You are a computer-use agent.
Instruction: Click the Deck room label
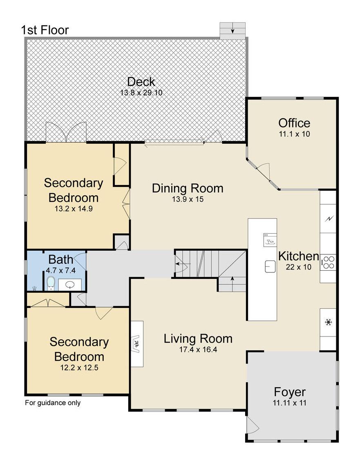coord(141,82)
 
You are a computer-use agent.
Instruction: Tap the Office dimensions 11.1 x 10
coord(294,134)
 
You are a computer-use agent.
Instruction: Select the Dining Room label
coord(188,188)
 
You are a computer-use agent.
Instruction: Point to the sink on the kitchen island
coord(271,266)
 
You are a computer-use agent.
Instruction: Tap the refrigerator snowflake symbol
coord(329,322)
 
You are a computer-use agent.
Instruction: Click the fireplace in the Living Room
coord(137,344)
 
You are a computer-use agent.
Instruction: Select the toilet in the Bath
coord(51,283)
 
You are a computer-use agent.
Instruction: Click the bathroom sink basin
coord(71,285)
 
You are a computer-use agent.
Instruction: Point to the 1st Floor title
coord(45,30)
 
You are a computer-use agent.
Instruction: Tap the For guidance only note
coord(53,403)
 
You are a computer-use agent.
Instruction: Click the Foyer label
coord(289,392)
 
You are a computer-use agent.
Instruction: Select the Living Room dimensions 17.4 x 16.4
coord(198,349)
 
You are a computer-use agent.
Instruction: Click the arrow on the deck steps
coord(233,30)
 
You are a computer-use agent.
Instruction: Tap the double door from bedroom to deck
coord(66,132)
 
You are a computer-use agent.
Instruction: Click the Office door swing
coord(264,172)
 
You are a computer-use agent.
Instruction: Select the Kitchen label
coord(298,256)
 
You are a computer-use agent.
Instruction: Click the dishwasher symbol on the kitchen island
coord(270,240)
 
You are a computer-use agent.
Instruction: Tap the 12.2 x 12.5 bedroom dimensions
coord(79,368)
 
